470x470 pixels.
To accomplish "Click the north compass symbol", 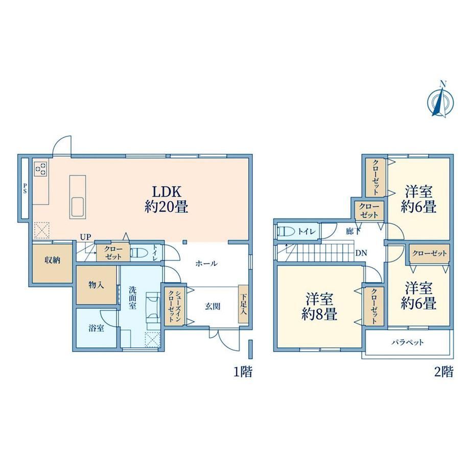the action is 440,99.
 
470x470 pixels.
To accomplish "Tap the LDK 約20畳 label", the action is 167,199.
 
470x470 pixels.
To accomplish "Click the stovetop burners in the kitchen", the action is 41,169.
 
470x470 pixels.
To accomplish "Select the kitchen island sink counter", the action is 78,197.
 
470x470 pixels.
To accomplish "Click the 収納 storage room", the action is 53,264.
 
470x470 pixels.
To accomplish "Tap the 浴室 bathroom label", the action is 96,328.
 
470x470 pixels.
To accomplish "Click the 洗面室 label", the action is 132,298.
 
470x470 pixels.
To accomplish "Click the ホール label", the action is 206,264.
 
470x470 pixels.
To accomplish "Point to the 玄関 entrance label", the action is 213,307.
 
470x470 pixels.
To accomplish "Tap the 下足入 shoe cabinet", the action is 243,304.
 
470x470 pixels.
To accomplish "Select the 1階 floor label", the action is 243,372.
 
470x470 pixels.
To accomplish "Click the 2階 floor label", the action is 444,372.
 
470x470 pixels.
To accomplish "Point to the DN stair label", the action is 361,253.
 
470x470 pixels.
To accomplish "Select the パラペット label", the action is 408,342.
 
